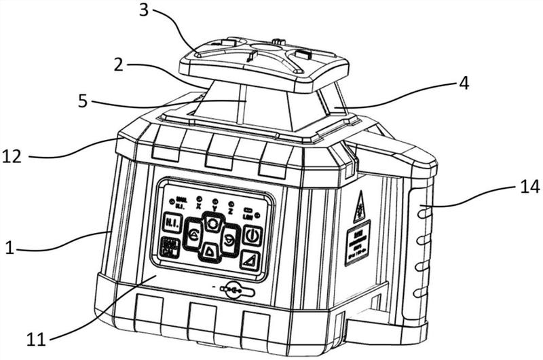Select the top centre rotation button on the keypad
(213, 223)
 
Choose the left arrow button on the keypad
(193, 236)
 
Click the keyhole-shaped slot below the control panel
(234, 290)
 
